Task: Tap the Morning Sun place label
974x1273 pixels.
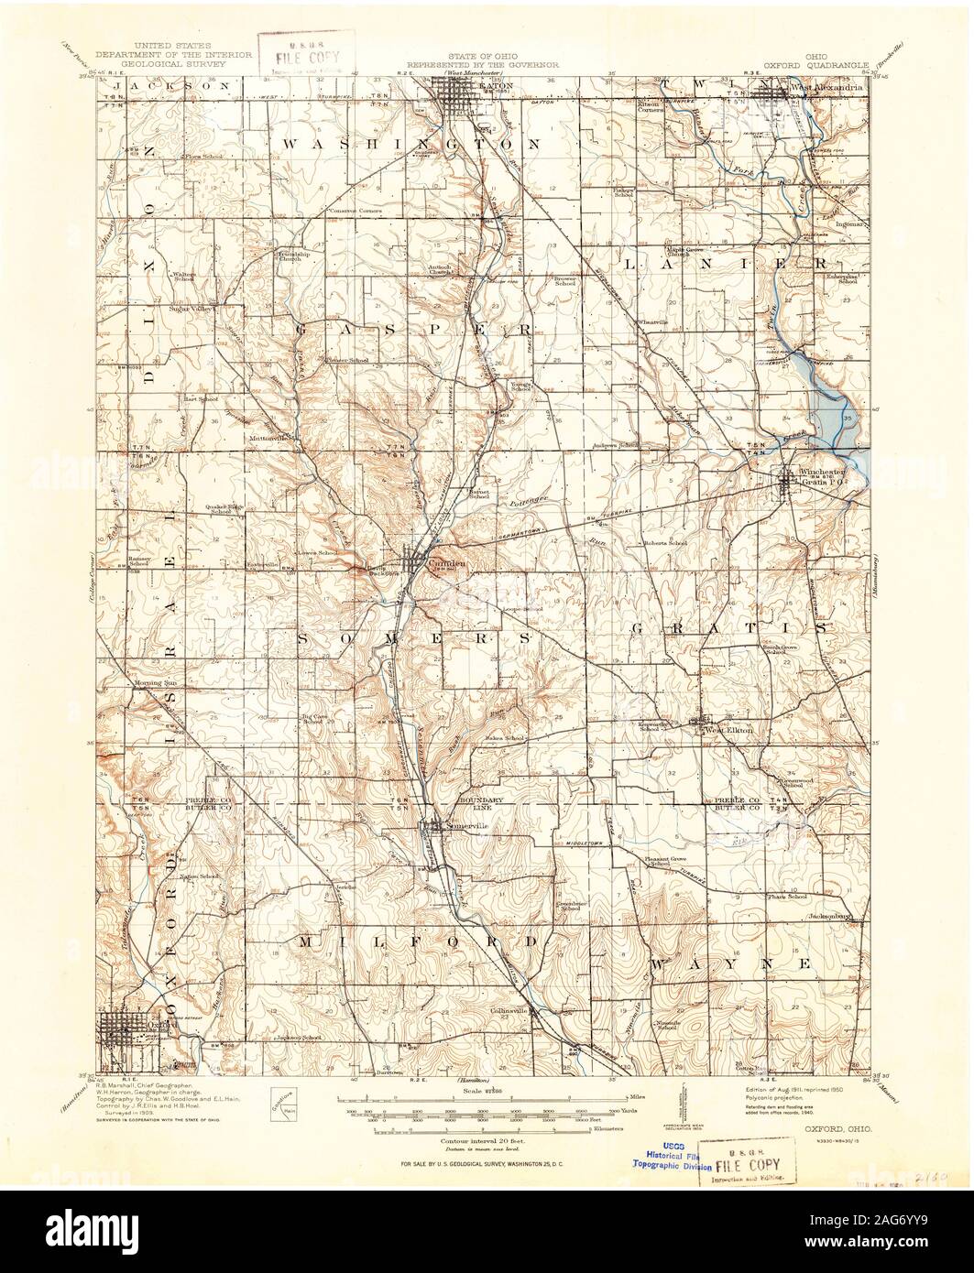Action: pyautogui.click(x=156, y=683)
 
